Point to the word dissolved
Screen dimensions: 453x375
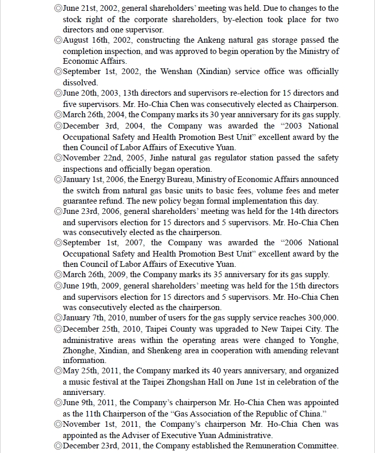click(80, 82)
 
